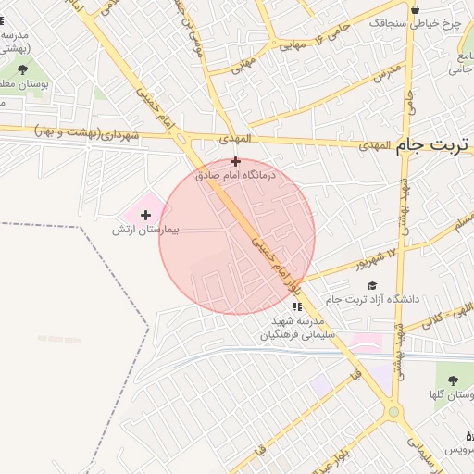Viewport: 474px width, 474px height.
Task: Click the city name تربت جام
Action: (x=433, y=146)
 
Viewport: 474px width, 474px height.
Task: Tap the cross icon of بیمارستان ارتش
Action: (x=145, y=215)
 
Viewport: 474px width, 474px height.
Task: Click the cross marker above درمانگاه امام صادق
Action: (x=236, y=161)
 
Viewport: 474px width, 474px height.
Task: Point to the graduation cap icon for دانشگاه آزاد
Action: (x=372, y=286)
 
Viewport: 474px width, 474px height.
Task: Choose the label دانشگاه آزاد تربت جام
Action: (x=380, y=299)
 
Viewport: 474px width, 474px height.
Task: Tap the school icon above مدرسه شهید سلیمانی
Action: (x=296, y=306)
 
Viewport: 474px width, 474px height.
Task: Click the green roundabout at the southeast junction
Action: (x=393, y=411)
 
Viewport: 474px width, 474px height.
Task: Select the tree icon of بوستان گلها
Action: (x=454, y=380)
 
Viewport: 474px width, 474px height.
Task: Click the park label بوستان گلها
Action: (x=452, y=396)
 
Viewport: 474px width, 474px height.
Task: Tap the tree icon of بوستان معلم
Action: (x=22, y=69)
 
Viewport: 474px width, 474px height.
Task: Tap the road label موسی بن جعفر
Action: (x=195, y=28)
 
